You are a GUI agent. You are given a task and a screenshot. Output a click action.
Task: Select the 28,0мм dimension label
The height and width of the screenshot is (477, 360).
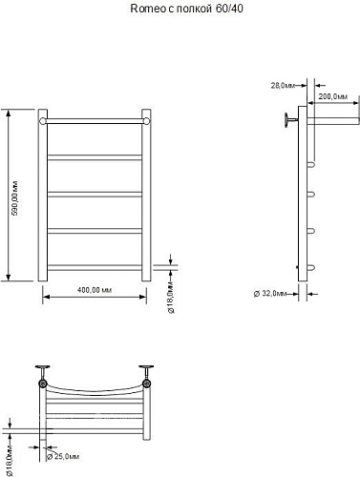(282, 86)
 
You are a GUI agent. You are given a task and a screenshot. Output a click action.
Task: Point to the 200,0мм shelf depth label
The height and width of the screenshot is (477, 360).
(333, 97)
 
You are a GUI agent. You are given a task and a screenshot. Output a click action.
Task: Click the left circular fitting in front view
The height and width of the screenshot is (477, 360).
(43, 121)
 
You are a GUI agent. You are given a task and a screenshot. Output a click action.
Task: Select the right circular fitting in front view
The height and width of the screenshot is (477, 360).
(146, 121)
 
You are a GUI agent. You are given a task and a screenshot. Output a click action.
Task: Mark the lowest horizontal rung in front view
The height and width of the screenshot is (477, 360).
(95, 266)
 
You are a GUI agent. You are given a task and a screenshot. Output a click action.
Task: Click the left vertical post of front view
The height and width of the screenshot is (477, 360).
(43, 200)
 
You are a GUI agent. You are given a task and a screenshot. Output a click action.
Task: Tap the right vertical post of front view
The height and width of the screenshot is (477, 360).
(146, 200)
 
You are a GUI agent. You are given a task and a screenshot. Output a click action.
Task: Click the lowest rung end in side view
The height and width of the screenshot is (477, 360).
(310, 267)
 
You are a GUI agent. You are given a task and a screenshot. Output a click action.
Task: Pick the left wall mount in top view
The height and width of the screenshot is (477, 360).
(42, 375)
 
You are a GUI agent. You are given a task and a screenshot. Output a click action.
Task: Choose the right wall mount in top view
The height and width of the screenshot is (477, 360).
(147, 375)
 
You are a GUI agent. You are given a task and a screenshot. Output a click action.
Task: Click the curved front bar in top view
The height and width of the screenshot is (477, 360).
(95, 390)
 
